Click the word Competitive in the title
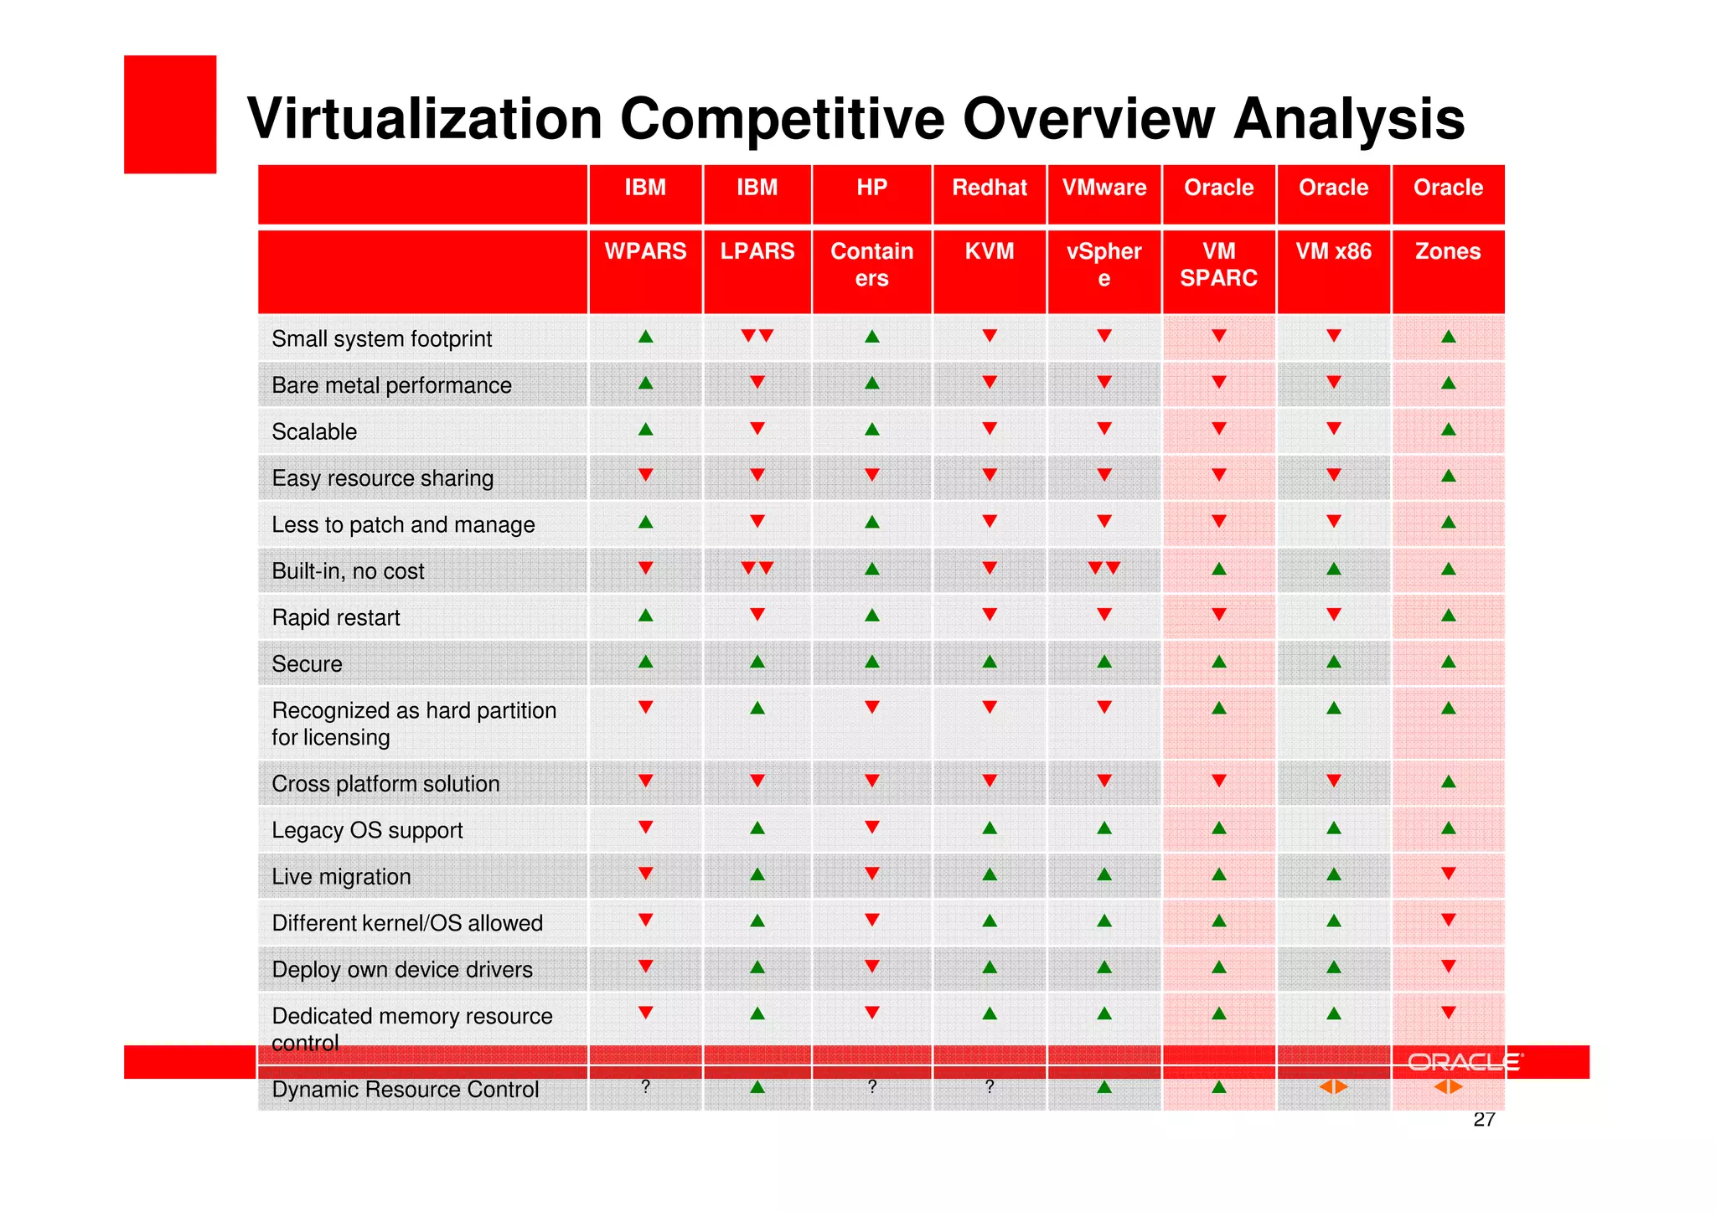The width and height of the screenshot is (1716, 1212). [783, 120]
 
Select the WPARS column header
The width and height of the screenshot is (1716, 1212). [645, 251]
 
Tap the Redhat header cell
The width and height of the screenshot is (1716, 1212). [989, 188]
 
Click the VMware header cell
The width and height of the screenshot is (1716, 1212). [1104, 188]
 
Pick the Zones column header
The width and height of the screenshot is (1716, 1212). [1447, 251]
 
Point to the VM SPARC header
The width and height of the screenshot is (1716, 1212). [1218, 265]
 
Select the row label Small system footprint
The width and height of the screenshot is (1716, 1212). [381, 339]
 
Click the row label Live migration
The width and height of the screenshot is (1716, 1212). [341, 877]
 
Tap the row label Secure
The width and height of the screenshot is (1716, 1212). [307, 664]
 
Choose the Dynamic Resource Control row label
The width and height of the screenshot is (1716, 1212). [405, 1090]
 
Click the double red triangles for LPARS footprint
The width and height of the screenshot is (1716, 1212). [757, 336]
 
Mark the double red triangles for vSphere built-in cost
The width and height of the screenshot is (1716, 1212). [1104, 569]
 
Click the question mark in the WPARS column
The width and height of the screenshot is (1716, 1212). [645, 1087]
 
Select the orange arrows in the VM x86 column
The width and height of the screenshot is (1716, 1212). [1333, 1087]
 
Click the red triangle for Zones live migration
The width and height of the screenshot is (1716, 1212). [1448, 874]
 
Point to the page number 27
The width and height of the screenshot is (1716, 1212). [1484, 1120]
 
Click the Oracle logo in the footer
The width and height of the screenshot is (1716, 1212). [1465, 1062]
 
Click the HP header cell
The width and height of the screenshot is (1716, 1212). [871, 188]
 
